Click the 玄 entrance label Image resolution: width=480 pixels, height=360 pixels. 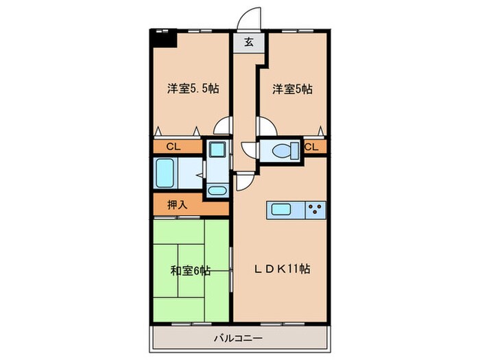tap(248, 42)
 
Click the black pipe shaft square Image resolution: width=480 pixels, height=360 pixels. tap(165, 38)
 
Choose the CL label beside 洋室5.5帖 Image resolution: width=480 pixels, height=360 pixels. tap(173, 147)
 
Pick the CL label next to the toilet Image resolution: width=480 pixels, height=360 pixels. tap(311, 147)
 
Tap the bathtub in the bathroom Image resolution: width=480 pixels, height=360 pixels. tap(166, 174)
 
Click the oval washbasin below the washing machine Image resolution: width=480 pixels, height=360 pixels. tap(217, 191)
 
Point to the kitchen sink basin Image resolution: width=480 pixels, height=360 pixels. tap(282, 209)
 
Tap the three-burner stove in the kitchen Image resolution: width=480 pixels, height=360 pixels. tap(315, 209)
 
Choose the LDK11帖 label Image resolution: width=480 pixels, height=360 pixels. tap(283, 269)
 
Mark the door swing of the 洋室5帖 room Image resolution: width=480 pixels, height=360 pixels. tap(266, 128)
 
